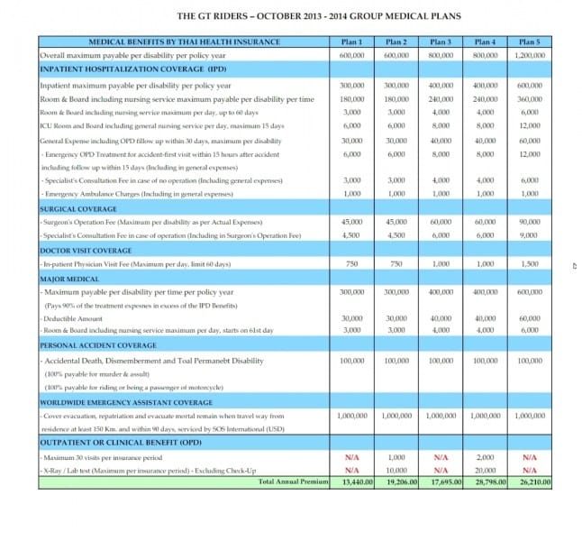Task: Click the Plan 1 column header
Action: point(351,42)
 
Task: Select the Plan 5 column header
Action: point(528,42)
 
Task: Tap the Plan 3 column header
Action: point(440,42)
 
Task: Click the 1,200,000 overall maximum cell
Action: point(528,55)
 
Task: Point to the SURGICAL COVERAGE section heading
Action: point(68,207)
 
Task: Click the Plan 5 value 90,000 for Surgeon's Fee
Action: point(528,222)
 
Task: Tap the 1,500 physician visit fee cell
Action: point(528,264)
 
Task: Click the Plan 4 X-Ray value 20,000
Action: point(485,471)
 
